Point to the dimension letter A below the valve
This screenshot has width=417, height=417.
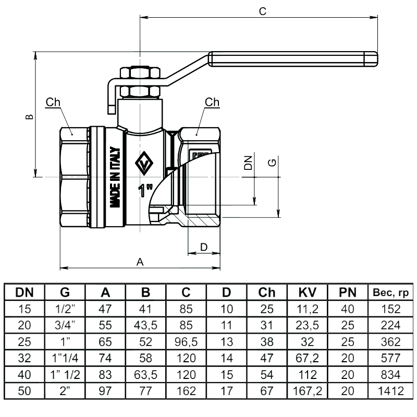[x=140, y=262]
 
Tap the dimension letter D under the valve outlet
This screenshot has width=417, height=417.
[x=204, y=246]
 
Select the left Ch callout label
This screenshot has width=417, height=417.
[x=53, y=102]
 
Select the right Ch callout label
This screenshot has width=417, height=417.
[x=212, y=102]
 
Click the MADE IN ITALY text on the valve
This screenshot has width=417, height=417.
[x=116, y=178]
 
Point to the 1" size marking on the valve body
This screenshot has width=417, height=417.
[x=145, y=190]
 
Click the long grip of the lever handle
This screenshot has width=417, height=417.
[x=292, y=58]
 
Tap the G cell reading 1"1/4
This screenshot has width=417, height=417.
[x=65, y=358]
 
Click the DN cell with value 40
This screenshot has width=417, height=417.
[x=24, y=374]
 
